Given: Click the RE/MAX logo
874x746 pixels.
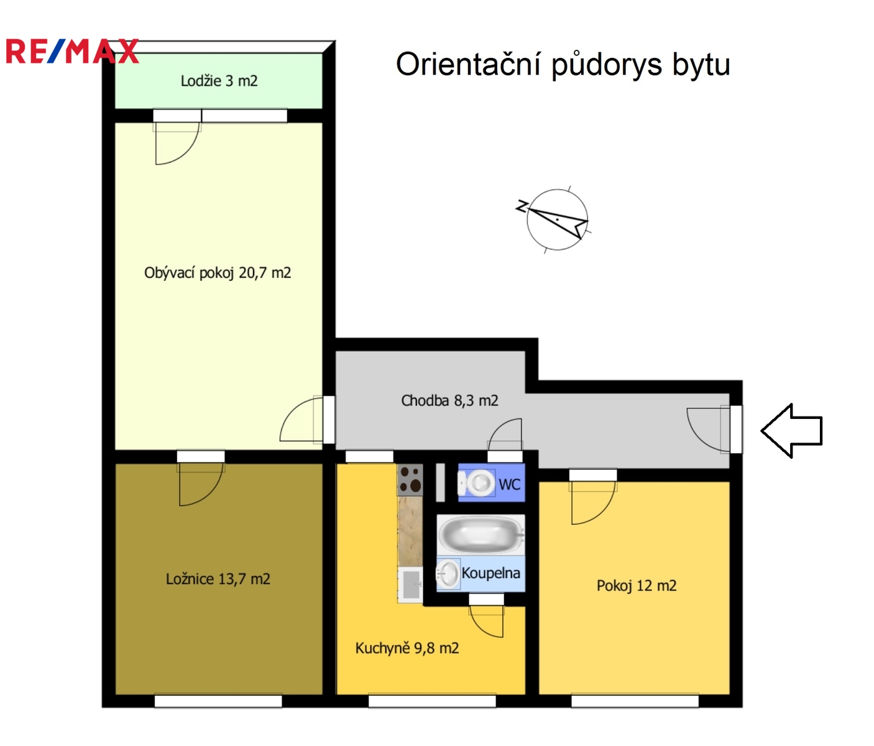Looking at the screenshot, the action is (x=72, y=51).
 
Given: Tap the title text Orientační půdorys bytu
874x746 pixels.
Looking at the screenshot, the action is (x=563, y=65).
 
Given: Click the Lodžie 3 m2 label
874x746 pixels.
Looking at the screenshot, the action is (x=219, y=81).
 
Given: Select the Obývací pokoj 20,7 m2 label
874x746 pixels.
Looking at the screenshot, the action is (x=218, y=273).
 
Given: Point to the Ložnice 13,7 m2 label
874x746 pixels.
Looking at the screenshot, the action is (x=218, y=579).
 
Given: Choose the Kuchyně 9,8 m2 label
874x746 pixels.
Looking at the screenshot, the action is (x=407, y=648).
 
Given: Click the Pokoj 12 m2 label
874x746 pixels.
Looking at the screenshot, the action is (x=637, y=586).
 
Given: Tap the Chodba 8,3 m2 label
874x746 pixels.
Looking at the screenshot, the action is (x=449, y=400).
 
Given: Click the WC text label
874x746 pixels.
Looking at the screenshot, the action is (x=510, y=485).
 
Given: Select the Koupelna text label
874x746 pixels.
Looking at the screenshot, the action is (x=490, y=573).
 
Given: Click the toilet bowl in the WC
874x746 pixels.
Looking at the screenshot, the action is (x=477, y=482).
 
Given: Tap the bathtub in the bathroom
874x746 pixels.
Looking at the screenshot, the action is (x=481, y=535).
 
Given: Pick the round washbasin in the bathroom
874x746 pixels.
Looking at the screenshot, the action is (x=448, y=573).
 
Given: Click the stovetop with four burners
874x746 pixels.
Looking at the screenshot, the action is (x=410, y=480).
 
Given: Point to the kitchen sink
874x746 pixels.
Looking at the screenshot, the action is (x=410, y=585).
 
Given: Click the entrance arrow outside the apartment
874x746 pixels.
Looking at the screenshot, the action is (x=791, y=431).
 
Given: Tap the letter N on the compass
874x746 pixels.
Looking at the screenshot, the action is (x=522, y=206).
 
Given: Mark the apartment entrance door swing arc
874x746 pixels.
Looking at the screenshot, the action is (x=697, y=438).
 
